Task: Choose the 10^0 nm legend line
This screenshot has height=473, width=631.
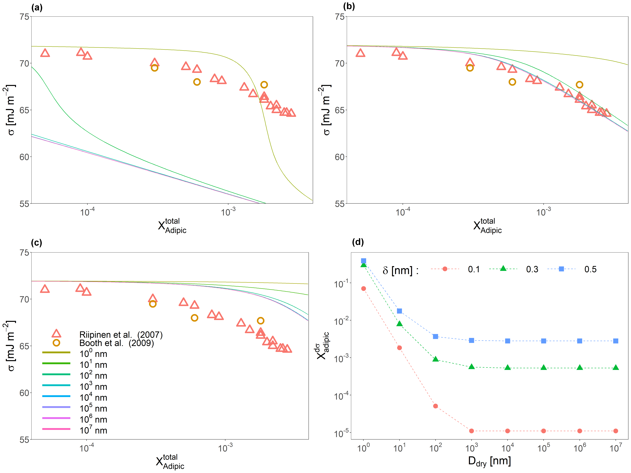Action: coord(56,353)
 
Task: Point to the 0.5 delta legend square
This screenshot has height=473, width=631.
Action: coord(561,269)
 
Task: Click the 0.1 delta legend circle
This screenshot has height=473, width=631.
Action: coord(445,269)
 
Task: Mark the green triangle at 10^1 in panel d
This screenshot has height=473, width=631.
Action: coord(399,324)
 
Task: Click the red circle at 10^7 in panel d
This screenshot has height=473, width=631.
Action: coord(616,431)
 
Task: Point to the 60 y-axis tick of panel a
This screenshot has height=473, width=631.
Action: coord(25,157)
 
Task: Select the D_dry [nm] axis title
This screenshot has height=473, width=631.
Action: coord(489,461)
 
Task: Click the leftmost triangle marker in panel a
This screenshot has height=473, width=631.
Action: coord(45,53)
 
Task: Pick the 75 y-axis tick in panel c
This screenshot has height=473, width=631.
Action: coord(25,252)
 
